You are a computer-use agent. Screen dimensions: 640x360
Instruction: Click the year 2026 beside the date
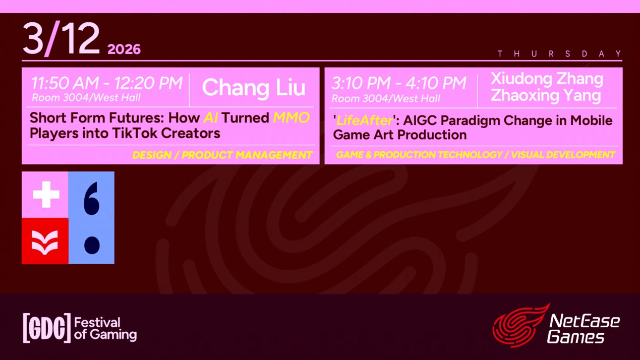pyautogui.click(x=124, y=49)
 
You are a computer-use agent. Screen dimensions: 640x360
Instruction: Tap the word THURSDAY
pyautogui.click(x=559, y=54)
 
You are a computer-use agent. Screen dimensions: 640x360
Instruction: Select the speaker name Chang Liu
pyautogui.click(x=254, y=88)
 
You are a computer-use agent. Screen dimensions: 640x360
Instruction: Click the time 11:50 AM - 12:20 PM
pyautogui.click(x=107, y=83)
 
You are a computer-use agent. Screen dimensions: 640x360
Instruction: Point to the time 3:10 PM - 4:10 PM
pyautogui.click(x=399, y=83)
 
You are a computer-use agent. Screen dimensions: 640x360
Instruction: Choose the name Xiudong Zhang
pyautogui.click(x=547, y=79)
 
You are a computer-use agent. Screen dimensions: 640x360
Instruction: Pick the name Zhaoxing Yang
pyautogui.click(x=546, y=95)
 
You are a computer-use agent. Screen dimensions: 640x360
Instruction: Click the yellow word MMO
pyautogui.click(x=292, y=117)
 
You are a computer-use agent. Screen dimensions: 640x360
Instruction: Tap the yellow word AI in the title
pyautogui.click(x=211, y=117)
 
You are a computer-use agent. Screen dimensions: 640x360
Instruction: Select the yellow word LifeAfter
pyautogui.click(x=364, y=121)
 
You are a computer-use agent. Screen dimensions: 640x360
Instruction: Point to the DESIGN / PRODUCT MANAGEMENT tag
pyautogui.click(x=222, y=155)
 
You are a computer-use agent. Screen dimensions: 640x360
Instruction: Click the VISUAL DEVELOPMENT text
pyautogui.click(x=563, y=155)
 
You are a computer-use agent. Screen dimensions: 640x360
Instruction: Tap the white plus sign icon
pyautogui.click(x=46, y=195)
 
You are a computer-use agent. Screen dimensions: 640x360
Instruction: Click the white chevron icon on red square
pyautogui.click(x=45, y=243)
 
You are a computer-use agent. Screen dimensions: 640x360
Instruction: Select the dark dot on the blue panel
pyautogui.click(x=92, y=245)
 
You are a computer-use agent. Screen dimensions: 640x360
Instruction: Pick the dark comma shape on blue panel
pyautogui.click(x=91, y=199)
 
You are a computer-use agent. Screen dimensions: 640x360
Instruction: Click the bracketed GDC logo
pyautogui.click(x=47, y=328)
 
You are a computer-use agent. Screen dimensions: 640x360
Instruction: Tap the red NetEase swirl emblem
pyautogui.click(x=520, y=326)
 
